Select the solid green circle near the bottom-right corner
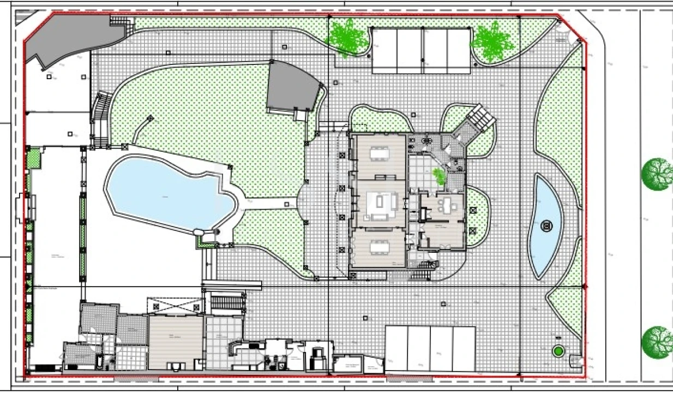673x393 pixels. click(557, 352)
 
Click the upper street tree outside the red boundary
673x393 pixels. click(657, 174)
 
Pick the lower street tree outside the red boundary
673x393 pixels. click(657, 342)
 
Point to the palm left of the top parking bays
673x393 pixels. click(346, 37)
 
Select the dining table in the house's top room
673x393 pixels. click(380, 154)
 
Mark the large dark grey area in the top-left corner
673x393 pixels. click(71, 38)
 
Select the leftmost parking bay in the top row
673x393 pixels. click(384, 51)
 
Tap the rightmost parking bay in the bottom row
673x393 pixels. click(464, 348)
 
